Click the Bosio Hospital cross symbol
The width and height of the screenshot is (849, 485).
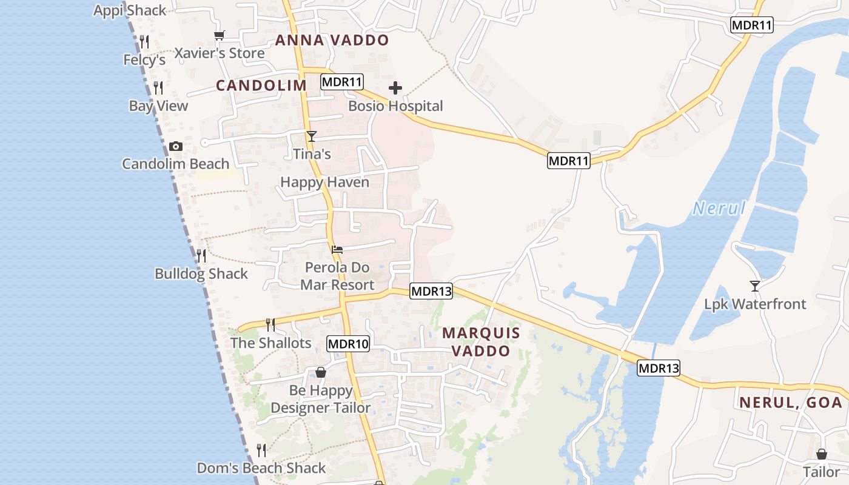coord(395,89)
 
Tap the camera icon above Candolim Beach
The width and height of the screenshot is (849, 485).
coord(176,147)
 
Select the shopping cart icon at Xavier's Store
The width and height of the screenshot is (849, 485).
coord(220,36)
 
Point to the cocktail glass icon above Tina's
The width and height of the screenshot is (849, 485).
coord(312,136)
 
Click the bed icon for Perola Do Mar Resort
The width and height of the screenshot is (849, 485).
coord(338,249)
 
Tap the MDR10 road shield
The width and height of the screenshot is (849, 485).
coord(348,344)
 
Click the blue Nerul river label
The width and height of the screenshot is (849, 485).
coord(719,209)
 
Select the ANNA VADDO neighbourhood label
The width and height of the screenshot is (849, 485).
coord(332,41)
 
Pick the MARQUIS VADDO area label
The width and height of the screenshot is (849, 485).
coord(481,342)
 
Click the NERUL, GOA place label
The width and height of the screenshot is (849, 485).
coord(791,403)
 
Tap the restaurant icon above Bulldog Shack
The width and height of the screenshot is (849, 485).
coord(201,256)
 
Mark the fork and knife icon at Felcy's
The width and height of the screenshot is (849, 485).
coord(144,42)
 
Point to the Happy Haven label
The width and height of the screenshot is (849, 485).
coord(324,182)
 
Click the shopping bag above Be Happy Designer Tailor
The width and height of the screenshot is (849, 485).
coord(321,372)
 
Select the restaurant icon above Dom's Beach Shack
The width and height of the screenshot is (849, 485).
coord(261,450)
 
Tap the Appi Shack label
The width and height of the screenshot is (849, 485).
coord(130,10)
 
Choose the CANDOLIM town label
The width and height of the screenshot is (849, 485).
coord(261,85)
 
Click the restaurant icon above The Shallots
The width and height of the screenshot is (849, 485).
coord(270,325)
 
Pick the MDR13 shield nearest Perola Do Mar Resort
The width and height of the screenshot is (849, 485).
coord(431,291)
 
